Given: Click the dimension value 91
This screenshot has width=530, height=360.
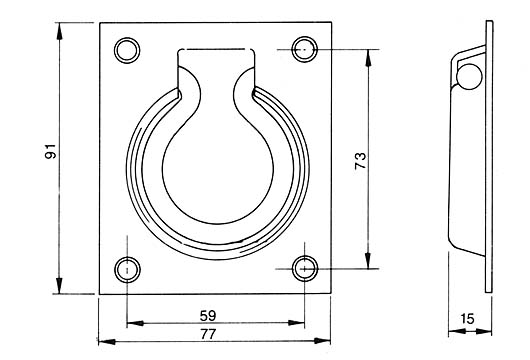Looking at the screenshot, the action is click(50, 151).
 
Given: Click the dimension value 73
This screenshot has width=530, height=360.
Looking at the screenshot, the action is click(360, 161).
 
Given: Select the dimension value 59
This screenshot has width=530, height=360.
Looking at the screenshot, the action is click(208, 316).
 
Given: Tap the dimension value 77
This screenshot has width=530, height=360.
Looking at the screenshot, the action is click(208, 334).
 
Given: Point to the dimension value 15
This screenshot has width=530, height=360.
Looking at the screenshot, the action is click(467, 318).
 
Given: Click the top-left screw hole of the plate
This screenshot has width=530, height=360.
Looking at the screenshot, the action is click(127, 50).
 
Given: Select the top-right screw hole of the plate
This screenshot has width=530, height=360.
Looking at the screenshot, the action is click(305, 49).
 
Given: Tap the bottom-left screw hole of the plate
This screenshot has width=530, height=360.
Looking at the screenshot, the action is click(127, 270).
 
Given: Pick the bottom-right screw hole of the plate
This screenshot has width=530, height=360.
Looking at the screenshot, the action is click(305, 269).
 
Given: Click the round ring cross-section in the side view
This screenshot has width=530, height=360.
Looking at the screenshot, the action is click(469, 76).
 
